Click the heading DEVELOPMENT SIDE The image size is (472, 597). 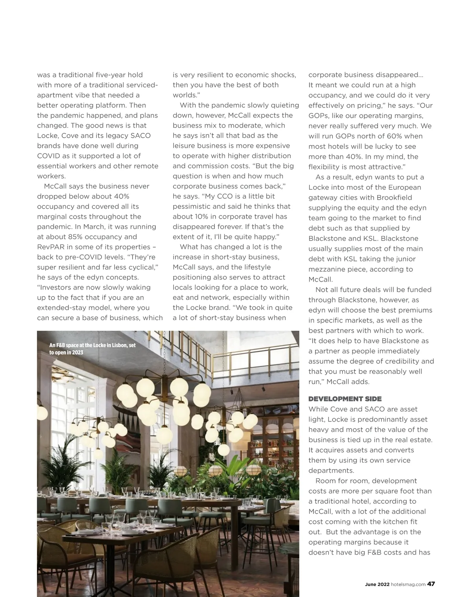click(345, 399)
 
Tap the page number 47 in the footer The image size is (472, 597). click(431, 584)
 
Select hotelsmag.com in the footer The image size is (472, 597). click(408, 584)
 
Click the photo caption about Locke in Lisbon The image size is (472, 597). click(92, 349)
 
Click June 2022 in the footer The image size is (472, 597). click(377, 584)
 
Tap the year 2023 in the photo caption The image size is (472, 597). click(77, 352)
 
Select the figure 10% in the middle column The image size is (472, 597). click(202, 217)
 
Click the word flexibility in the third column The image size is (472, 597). click(326, 167)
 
